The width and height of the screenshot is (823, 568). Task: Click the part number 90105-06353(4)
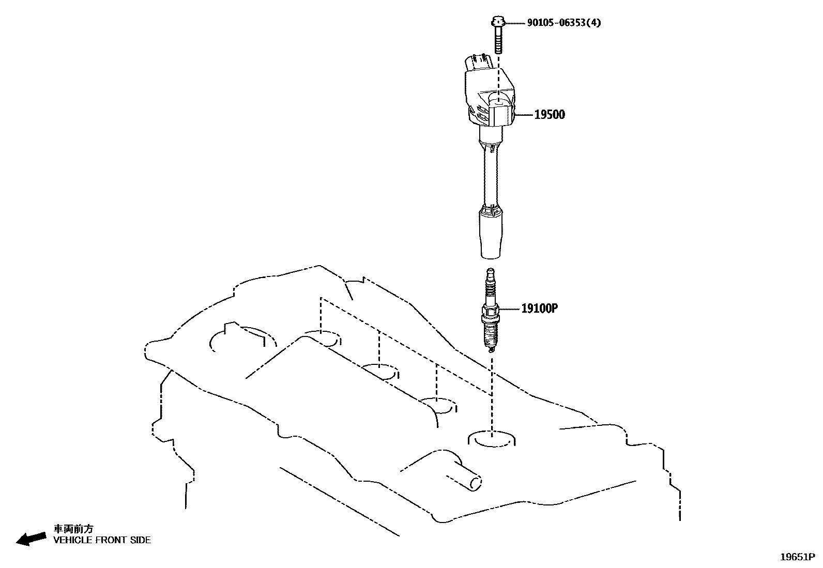click(x=564, y=23)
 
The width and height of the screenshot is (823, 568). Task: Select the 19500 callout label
click(x=550, y=115)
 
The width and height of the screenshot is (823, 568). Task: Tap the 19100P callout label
click(x=540, y=309)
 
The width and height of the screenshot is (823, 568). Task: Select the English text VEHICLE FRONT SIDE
click(x=102, y=540)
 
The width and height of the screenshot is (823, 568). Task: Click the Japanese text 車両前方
click(x=74, y=529)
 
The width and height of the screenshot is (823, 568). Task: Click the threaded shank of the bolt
click(x=498, y=40)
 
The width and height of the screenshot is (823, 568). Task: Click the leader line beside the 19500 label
click(x=524, y=115)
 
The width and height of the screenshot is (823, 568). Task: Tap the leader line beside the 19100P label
click(x=509, y=309)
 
